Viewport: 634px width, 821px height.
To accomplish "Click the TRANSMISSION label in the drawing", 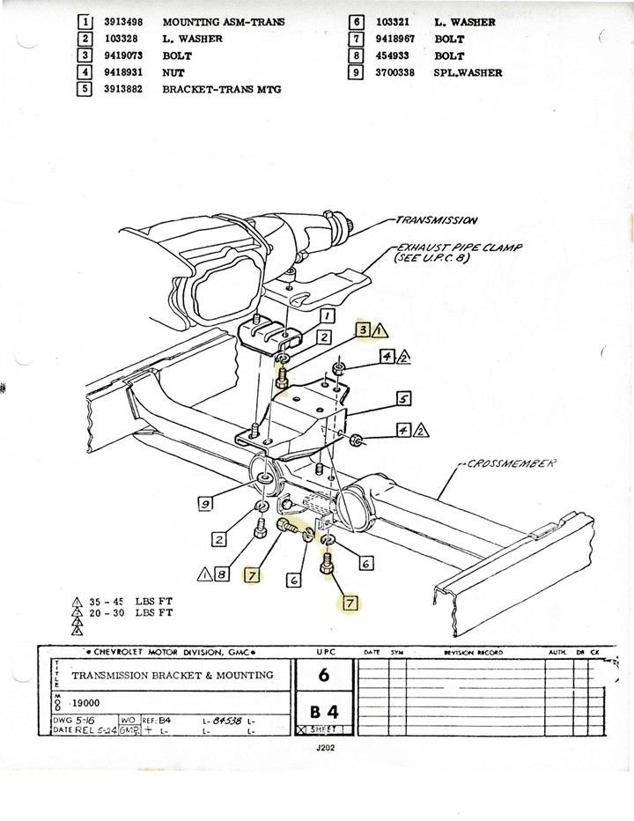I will (x=436, y=220).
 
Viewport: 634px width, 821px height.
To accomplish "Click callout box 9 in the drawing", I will (x=206, y=504).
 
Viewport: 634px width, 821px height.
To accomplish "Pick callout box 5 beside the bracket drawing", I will (x=403, y=399).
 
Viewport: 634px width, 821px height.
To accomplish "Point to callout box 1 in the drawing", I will (x=325, y=315).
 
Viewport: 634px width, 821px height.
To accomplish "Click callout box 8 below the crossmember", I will (x=222, y=574).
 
